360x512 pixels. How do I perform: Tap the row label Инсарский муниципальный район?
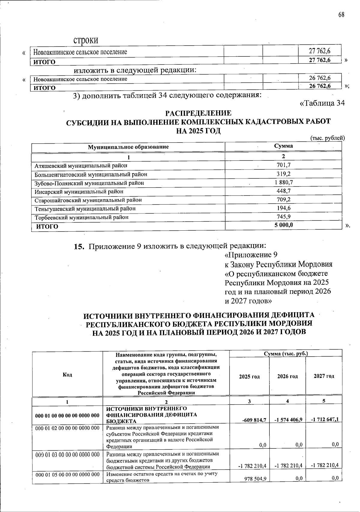(x=79, y=191)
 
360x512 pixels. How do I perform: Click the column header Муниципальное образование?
(x=128, y=147)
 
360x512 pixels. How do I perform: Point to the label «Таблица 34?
(x=322, y=103)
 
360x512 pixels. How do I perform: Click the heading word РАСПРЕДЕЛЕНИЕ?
(x=198, y=113)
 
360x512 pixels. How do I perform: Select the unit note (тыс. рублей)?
(x=327, y=138)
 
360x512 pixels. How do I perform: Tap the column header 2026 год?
(x=287, y=376)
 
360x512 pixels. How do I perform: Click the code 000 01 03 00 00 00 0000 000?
(x=67, y=455)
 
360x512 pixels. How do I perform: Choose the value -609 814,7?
(x=254, y=420)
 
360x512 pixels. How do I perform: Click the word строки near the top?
(x=86, y=40)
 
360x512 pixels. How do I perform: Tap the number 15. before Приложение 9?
(x=79, y=247)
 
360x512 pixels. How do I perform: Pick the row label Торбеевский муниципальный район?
(x=82, y=217)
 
